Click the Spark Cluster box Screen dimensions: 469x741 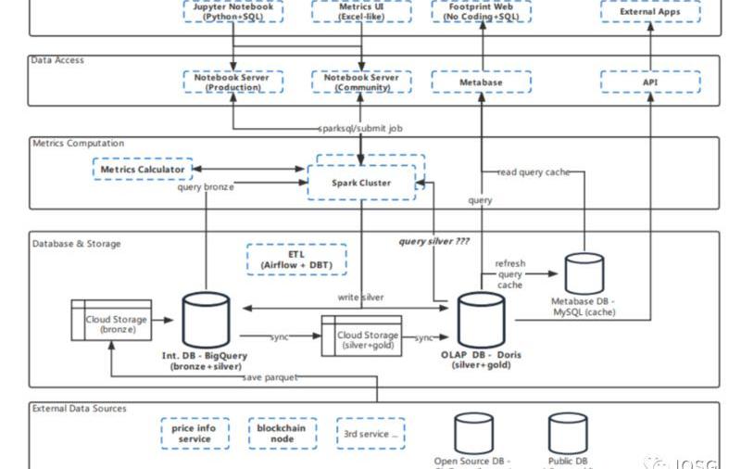point(361,183)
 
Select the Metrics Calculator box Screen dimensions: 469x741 point(143,170)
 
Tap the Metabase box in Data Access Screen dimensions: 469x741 point(481,82)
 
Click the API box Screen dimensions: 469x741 point(649,82)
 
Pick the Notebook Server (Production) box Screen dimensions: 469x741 point(232,82)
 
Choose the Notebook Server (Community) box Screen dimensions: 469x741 point(361,82)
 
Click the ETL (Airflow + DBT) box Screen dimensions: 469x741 point(296,260)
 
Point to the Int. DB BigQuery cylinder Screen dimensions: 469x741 point(206,321)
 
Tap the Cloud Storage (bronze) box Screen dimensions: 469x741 point(110,320)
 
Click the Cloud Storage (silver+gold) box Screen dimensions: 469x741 point(368,336)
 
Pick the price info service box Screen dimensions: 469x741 point(195,433)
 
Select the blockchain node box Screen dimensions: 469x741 point(283,433)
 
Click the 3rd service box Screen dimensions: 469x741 point(370,433)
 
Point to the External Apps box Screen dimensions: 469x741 point(649,12)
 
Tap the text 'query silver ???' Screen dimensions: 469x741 point(434,241)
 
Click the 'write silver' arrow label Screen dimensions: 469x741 point(361,298)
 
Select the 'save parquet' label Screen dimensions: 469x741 point(270,377)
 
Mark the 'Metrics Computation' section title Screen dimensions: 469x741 point(79,144)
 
